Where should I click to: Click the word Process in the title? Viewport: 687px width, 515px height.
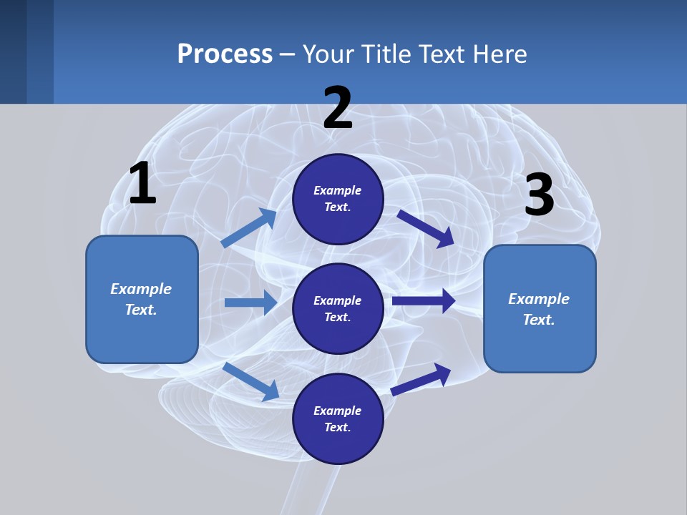(x=225, y=54)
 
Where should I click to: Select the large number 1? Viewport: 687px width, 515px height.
(x=142, y=184)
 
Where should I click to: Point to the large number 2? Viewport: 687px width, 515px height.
(x=338, y=108)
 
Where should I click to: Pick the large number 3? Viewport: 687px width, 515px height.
(x=540, y=195)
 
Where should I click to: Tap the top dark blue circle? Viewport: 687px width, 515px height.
(x=338, y=199)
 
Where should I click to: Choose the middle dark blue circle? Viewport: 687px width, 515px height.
(x=338, y=308)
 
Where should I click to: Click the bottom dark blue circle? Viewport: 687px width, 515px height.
(x=338, y=418)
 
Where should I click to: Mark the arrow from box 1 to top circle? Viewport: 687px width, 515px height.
(x=249, y=228)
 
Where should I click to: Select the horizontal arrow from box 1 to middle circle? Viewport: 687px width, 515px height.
(x=250, y=303)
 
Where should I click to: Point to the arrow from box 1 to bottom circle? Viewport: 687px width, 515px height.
(x=251, y=381)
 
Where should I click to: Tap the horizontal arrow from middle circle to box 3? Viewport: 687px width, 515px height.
(x=424, y=301)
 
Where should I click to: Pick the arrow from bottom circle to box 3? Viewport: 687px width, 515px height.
(x=422, y=378)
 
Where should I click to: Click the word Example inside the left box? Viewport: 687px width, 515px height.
(x=141, y=289)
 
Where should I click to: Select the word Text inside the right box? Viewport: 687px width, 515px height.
(x=539, y=320)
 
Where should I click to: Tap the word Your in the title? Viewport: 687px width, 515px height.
(x=327, y=54)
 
